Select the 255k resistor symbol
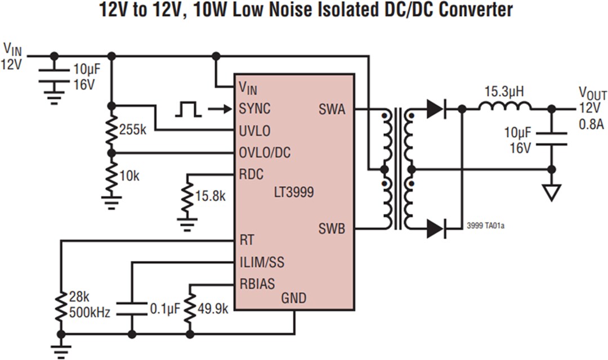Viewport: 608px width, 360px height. [111, 130]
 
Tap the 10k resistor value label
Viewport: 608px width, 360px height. [129, 175]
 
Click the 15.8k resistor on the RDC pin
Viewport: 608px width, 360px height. [187, 196]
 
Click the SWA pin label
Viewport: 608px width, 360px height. [332, 109]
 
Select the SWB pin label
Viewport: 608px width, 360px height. [332, 229]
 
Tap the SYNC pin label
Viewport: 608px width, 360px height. [254, 109]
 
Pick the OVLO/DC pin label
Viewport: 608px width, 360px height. [265, 152]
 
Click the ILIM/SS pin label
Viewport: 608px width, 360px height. [263, 262]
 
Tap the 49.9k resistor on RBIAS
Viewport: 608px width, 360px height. [190, 309]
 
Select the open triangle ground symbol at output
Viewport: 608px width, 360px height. [552, 193]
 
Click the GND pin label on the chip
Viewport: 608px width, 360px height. [293, 298]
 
